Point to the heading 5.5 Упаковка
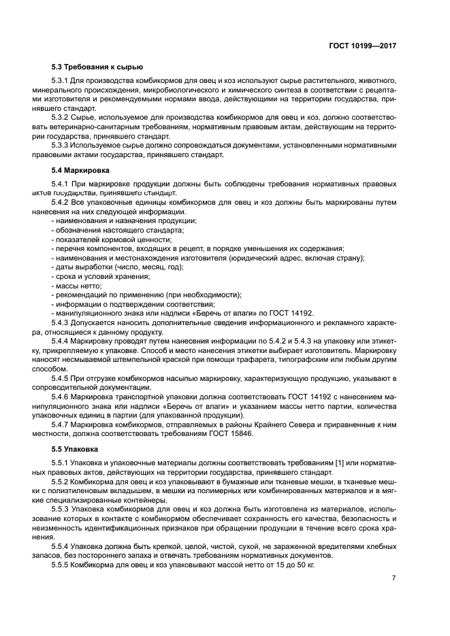click(x=75, y=450)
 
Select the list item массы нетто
click(x=78, y=286)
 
